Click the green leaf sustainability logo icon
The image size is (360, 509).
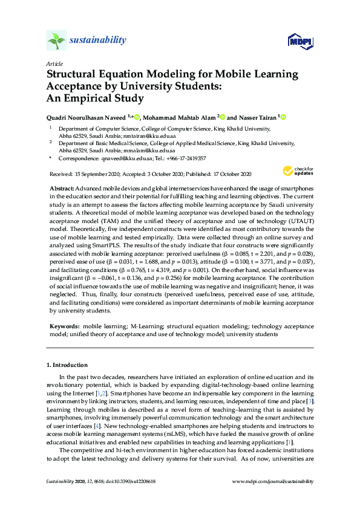[x=56, y=41]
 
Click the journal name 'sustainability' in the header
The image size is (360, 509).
[x=98, y=41]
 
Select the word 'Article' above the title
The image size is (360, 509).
[x=54, y=63]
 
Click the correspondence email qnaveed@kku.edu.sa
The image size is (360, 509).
[x=121, y=158]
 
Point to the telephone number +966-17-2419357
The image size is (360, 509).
[x=185, y=158]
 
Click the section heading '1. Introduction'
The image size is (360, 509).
[x=67, y=366]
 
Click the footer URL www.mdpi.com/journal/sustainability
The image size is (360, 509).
[x=273, y=481]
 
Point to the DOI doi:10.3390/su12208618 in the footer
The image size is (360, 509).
[x=132, y=481]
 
